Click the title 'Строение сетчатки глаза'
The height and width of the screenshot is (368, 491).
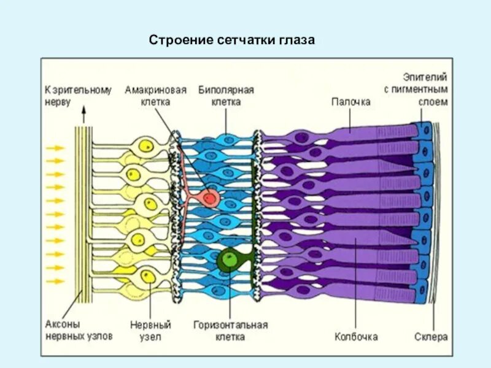[231, 41]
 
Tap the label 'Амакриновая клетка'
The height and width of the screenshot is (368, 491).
[155, 96]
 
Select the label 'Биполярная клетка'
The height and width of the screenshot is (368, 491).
[226, 96]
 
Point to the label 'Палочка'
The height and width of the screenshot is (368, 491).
[350, 102]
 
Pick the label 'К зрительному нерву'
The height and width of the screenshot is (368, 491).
[78, 96]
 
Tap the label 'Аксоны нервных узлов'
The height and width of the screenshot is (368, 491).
[71, 329]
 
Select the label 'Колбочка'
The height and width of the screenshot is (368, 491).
[356, 337]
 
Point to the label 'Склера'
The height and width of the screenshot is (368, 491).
[431, 337]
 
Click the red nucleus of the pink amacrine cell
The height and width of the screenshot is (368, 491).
[210, 198]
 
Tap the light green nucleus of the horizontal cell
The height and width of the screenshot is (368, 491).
[228, 259]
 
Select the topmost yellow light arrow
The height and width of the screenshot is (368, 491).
[55, 148]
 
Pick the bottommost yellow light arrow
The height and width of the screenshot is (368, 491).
[55, 281]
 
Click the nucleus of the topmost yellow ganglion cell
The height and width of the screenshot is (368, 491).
[147, 146]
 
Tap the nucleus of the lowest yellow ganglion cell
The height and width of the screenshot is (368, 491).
[147, 276]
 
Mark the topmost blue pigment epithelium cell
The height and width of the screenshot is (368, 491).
[424, 129]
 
